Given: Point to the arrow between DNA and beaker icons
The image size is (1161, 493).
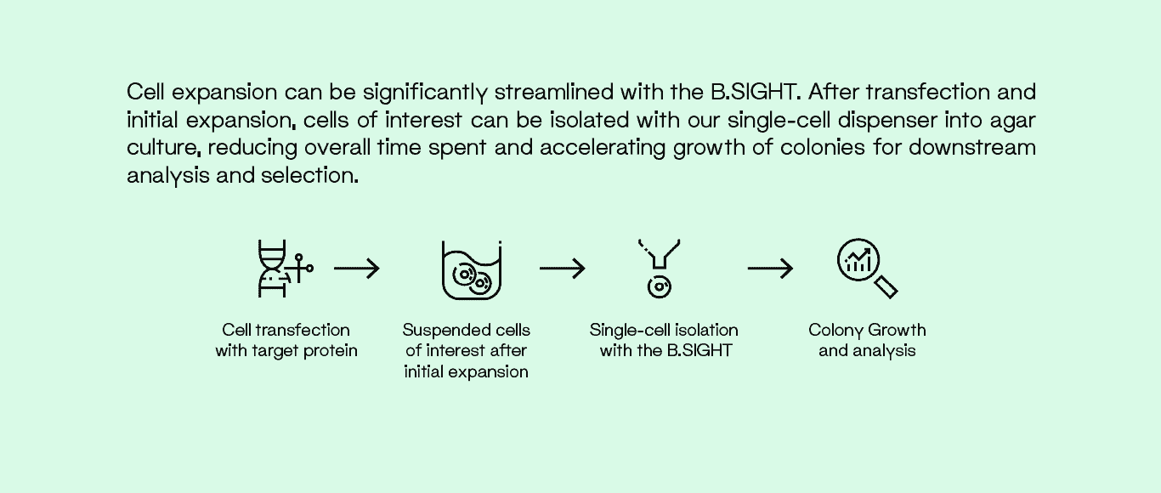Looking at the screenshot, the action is pos(357,268).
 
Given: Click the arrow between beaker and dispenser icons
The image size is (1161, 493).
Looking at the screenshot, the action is pos(563,268).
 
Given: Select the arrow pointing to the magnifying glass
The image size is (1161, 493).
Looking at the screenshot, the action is pos(770,268).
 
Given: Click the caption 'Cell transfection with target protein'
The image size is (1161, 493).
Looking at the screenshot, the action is pos(286,340).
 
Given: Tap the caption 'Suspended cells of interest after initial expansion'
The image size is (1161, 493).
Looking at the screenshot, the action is pos(467,350).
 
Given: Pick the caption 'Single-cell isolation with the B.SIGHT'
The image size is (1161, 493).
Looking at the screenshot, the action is pos(664,340).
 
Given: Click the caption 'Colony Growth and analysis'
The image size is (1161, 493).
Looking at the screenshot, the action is pos(867,340).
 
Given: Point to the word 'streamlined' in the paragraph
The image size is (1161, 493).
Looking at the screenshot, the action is pos(554,92).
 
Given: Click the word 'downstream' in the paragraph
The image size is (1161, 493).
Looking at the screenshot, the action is pos(972,147).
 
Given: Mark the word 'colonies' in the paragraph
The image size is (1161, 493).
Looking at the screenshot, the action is pos(823,147).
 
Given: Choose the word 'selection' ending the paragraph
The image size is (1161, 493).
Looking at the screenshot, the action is pos(309,175).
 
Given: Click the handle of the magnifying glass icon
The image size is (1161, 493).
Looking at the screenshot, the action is pos(886,287).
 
